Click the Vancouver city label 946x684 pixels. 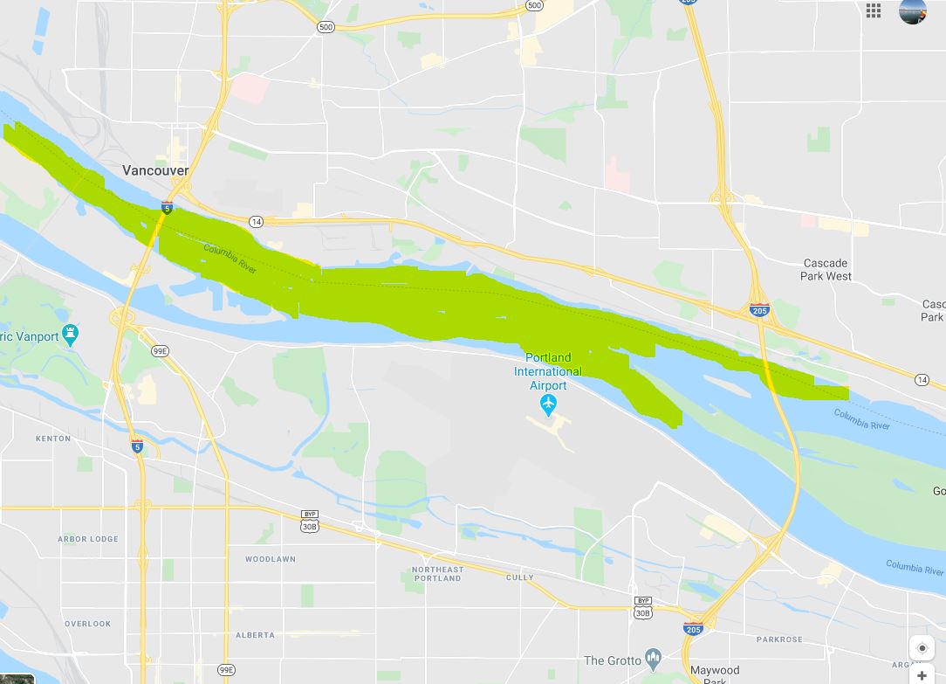tap(155, 170)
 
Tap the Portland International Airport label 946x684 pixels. tap(547, 371)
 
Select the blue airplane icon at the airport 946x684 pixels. tap(548, 404)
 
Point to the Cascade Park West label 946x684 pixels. tap(826, 269)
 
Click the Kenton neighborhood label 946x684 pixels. tap(53, 439)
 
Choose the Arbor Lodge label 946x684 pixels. tap(88, 539)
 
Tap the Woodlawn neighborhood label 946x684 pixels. tap(270, 559)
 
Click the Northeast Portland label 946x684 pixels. tap(437, 574)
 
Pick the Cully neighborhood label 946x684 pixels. tap(520, 577)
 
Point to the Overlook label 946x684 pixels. tap(87, 624)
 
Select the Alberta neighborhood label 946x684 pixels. tap(255, 635)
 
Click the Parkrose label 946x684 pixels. tap(779, 639)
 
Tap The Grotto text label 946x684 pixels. tap(612, 660)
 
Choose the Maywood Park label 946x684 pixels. tap(715, 674)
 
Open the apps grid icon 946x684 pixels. tap(874, 10)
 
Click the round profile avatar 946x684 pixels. tap(912, 10)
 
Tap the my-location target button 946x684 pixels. tap(922, 649)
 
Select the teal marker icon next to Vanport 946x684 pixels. tap(71, 335)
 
